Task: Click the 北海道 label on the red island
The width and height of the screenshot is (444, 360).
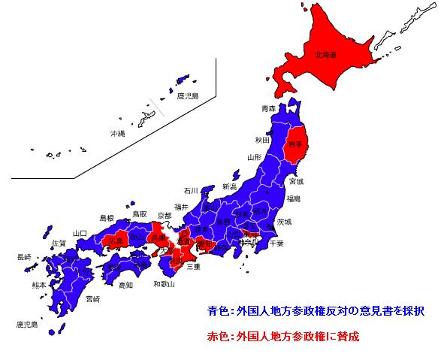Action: [x=325, y=54]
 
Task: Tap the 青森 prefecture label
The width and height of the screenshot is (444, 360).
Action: [x=268, y=109]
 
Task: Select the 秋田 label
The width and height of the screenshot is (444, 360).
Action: [x=261, y=140]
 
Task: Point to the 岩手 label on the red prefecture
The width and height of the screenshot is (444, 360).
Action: [x=295, y=144]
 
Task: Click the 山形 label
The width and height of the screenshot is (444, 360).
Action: [x=255, y=158]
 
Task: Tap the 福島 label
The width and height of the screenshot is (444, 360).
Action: [x=292, y=199]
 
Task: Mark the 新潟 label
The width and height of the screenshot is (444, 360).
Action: [x=228, y=186]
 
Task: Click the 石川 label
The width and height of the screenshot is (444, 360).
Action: [x=191, y=191]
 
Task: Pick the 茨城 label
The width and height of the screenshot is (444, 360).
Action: [x=283, y=222]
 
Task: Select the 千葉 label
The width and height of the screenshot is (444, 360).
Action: [x=275, y=244]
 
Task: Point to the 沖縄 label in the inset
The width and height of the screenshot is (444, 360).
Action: [x=118, y=133]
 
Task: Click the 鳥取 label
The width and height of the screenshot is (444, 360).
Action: [x=140, y=214]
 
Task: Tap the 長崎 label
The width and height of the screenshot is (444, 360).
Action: [x=24, y=257]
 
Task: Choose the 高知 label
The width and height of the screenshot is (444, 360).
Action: [x=125, y=285]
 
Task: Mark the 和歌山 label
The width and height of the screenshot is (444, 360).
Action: [x=164, y=284]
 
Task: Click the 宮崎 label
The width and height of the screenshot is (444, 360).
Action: [x=93, y=298]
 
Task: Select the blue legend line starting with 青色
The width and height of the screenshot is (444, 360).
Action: [x=316, y=310]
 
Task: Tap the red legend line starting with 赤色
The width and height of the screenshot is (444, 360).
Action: [x=283, y=336]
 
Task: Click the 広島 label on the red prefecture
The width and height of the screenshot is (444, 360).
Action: [x=114, y=241]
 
